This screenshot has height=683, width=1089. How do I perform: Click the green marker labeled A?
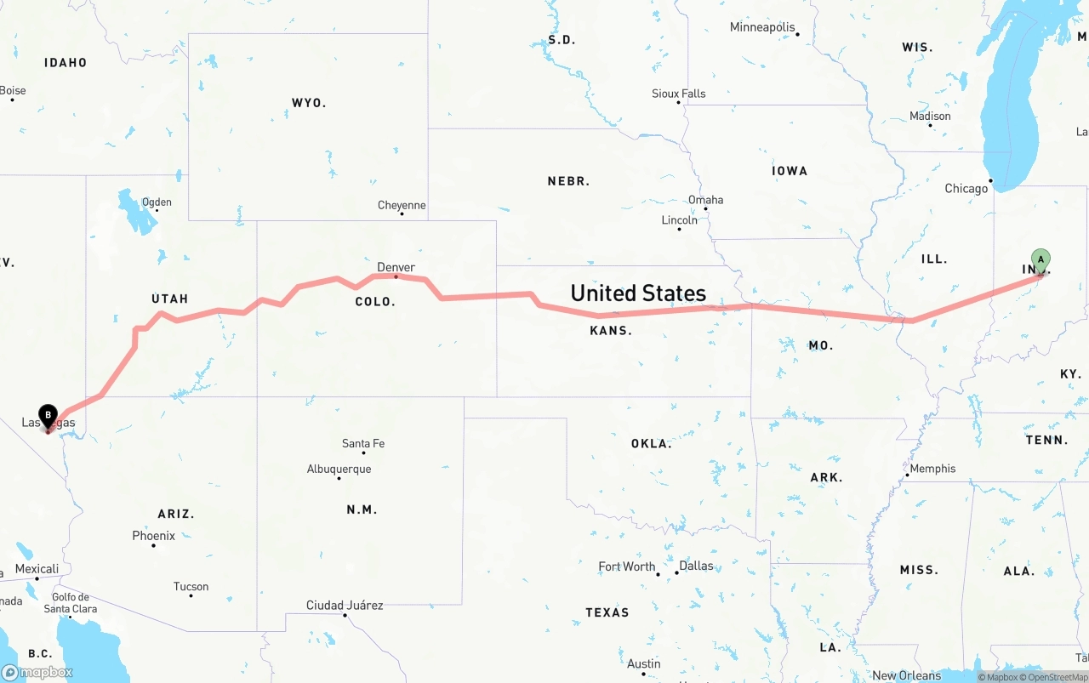pos(1041,259)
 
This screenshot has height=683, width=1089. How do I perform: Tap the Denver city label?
pos(396,267)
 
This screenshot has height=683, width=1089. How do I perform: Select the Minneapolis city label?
pos(761,27)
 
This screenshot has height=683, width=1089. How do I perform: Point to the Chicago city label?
pos(966,188)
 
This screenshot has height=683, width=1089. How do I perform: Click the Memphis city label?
pos(932,469)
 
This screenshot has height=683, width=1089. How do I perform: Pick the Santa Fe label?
pos(363,443)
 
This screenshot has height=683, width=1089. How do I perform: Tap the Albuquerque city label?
pos(339,469)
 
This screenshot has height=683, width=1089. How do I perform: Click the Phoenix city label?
pos(154,536)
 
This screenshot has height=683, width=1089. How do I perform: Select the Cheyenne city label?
pos(402,205)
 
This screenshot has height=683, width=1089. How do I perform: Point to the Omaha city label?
pos(705,200)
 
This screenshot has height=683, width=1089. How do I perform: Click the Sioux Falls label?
pos(679,94)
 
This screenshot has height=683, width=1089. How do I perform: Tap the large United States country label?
pos(638,293)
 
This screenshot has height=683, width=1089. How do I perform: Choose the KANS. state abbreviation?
pos(611,330)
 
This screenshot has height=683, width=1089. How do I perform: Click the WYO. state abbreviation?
pos(309,103)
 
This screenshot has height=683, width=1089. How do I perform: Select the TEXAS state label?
pos(607,612)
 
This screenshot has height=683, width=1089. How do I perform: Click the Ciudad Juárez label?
pos(345,606)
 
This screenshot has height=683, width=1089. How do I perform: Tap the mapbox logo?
pos(37,672)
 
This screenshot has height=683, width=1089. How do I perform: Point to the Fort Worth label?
pos(627,566)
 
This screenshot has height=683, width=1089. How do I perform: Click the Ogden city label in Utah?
pos(157,202)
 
